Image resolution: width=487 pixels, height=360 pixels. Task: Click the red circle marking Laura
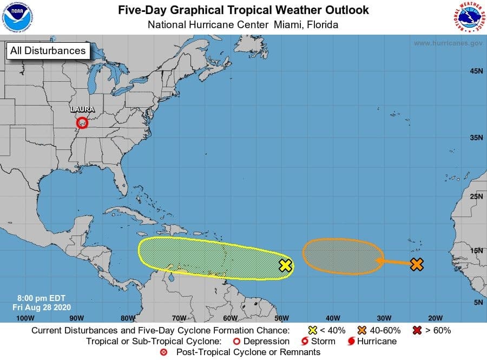(82, 123)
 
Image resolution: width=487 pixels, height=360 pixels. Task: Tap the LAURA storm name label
(82, 109)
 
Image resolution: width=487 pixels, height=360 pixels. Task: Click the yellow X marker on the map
(286, 265)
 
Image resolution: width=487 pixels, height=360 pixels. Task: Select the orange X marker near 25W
(416, 265)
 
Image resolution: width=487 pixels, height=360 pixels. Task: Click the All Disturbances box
(48, 51)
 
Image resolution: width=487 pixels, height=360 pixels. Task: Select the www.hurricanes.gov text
(447, 43)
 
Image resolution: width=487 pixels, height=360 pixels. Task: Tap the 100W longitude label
(25, 318)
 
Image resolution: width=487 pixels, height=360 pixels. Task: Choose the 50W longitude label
(281, 318)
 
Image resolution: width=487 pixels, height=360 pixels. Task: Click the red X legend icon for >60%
(417, 330)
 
